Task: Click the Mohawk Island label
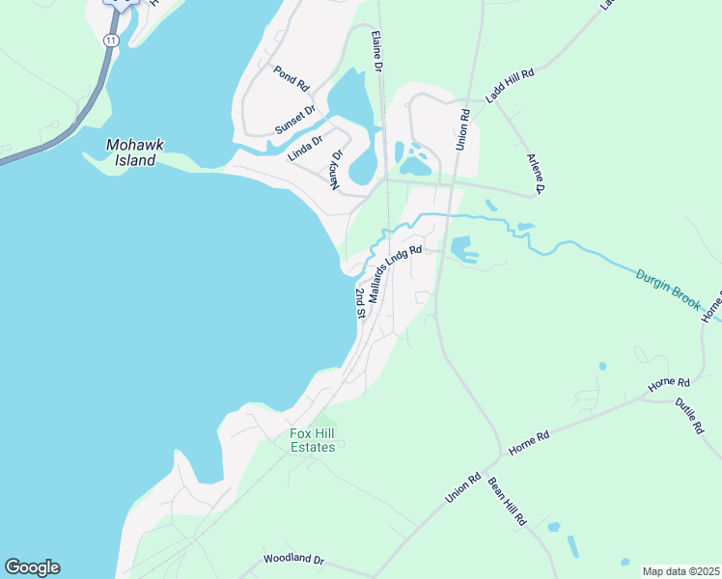point(135,152)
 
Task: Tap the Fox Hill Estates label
point(313,440)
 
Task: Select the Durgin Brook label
point(667,289)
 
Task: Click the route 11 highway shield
point(111,40)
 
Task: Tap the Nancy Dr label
point(338,169)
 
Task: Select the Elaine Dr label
point(376,51)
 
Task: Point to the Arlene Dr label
point(536,173)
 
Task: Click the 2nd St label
point(360,303)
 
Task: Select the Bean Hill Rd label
point(507,501)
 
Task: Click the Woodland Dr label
point(294,559)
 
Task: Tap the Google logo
point(32,567)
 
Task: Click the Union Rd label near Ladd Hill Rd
point(463,128)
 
